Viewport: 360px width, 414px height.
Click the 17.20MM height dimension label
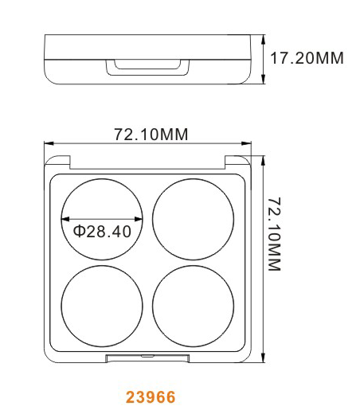coord(307,58)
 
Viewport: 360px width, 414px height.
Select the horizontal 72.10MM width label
coord(151,134)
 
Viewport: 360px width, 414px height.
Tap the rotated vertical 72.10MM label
coord(274,234)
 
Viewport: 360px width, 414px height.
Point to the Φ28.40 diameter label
coord(102,231)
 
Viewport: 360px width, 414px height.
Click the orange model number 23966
coord(151,397)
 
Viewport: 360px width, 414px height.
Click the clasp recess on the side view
coord(147,68)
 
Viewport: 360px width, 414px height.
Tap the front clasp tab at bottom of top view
coord(147,358)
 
